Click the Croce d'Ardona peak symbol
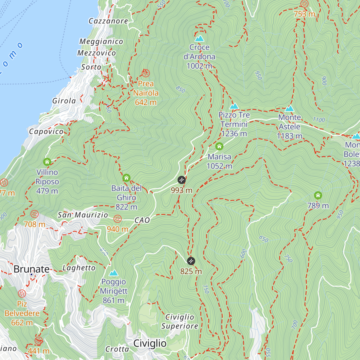[x=199, y=38]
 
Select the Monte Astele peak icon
[x=289, y=109]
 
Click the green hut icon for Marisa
[x=219, y=146]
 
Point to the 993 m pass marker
[x=181, y=180]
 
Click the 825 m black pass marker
[x=191, y=261]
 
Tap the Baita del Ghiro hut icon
[x=126, y=178]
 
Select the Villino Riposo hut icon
[x=47, y=162]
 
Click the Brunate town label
[x=32, y=269]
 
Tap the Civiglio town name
[x=150, y=343]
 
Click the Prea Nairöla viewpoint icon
[x=146, y=73]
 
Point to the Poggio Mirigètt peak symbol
[x=113, y=273]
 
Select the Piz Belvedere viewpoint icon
[x=22, y=293]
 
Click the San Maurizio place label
[x=83, y=215]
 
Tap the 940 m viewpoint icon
[x=118, y=219]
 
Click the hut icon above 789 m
[x=318, y=196]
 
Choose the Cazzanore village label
[x=108, y=21]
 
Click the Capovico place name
[x=46, y=131]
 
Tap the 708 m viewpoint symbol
[x=34, y=214]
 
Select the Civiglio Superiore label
[x=180, y=322]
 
